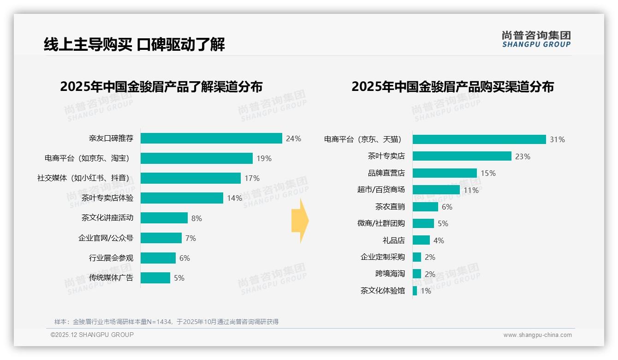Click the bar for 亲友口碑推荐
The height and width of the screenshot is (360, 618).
click(211, 138)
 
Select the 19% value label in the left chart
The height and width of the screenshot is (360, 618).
click(264, 158)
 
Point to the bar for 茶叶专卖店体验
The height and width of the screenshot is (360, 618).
click(182, 198)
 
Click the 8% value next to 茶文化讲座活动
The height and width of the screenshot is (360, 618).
click(196, 218)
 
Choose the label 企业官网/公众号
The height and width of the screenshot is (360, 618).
click(106, 238)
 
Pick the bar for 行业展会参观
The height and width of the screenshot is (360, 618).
click(158, 258)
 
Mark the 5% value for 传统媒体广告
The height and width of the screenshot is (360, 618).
click(179, 278)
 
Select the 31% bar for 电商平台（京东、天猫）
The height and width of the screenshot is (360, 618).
click(479, 139)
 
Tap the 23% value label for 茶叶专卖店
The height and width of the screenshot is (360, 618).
click(523, 156)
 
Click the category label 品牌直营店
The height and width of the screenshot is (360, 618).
click(386, 173)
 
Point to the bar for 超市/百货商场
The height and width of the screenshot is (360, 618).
click(436, 190)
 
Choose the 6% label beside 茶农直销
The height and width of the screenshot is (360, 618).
click(447, 207)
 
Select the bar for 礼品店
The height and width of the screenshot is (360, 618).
click(421, 240)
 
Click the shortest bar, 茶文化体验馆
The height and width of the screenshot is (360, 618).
click(415, 291)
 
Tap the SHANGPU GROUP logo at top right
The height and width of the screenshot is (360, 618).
click(536, 39)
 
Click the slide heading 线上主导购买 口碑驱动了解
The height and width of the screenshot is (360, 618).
click(134, 45)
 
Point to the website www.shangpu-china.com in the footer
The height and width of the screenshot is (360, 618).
click(537, 335)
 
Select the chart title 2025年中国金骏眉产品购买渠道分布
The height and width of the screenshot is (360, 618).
click(452, 87)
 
